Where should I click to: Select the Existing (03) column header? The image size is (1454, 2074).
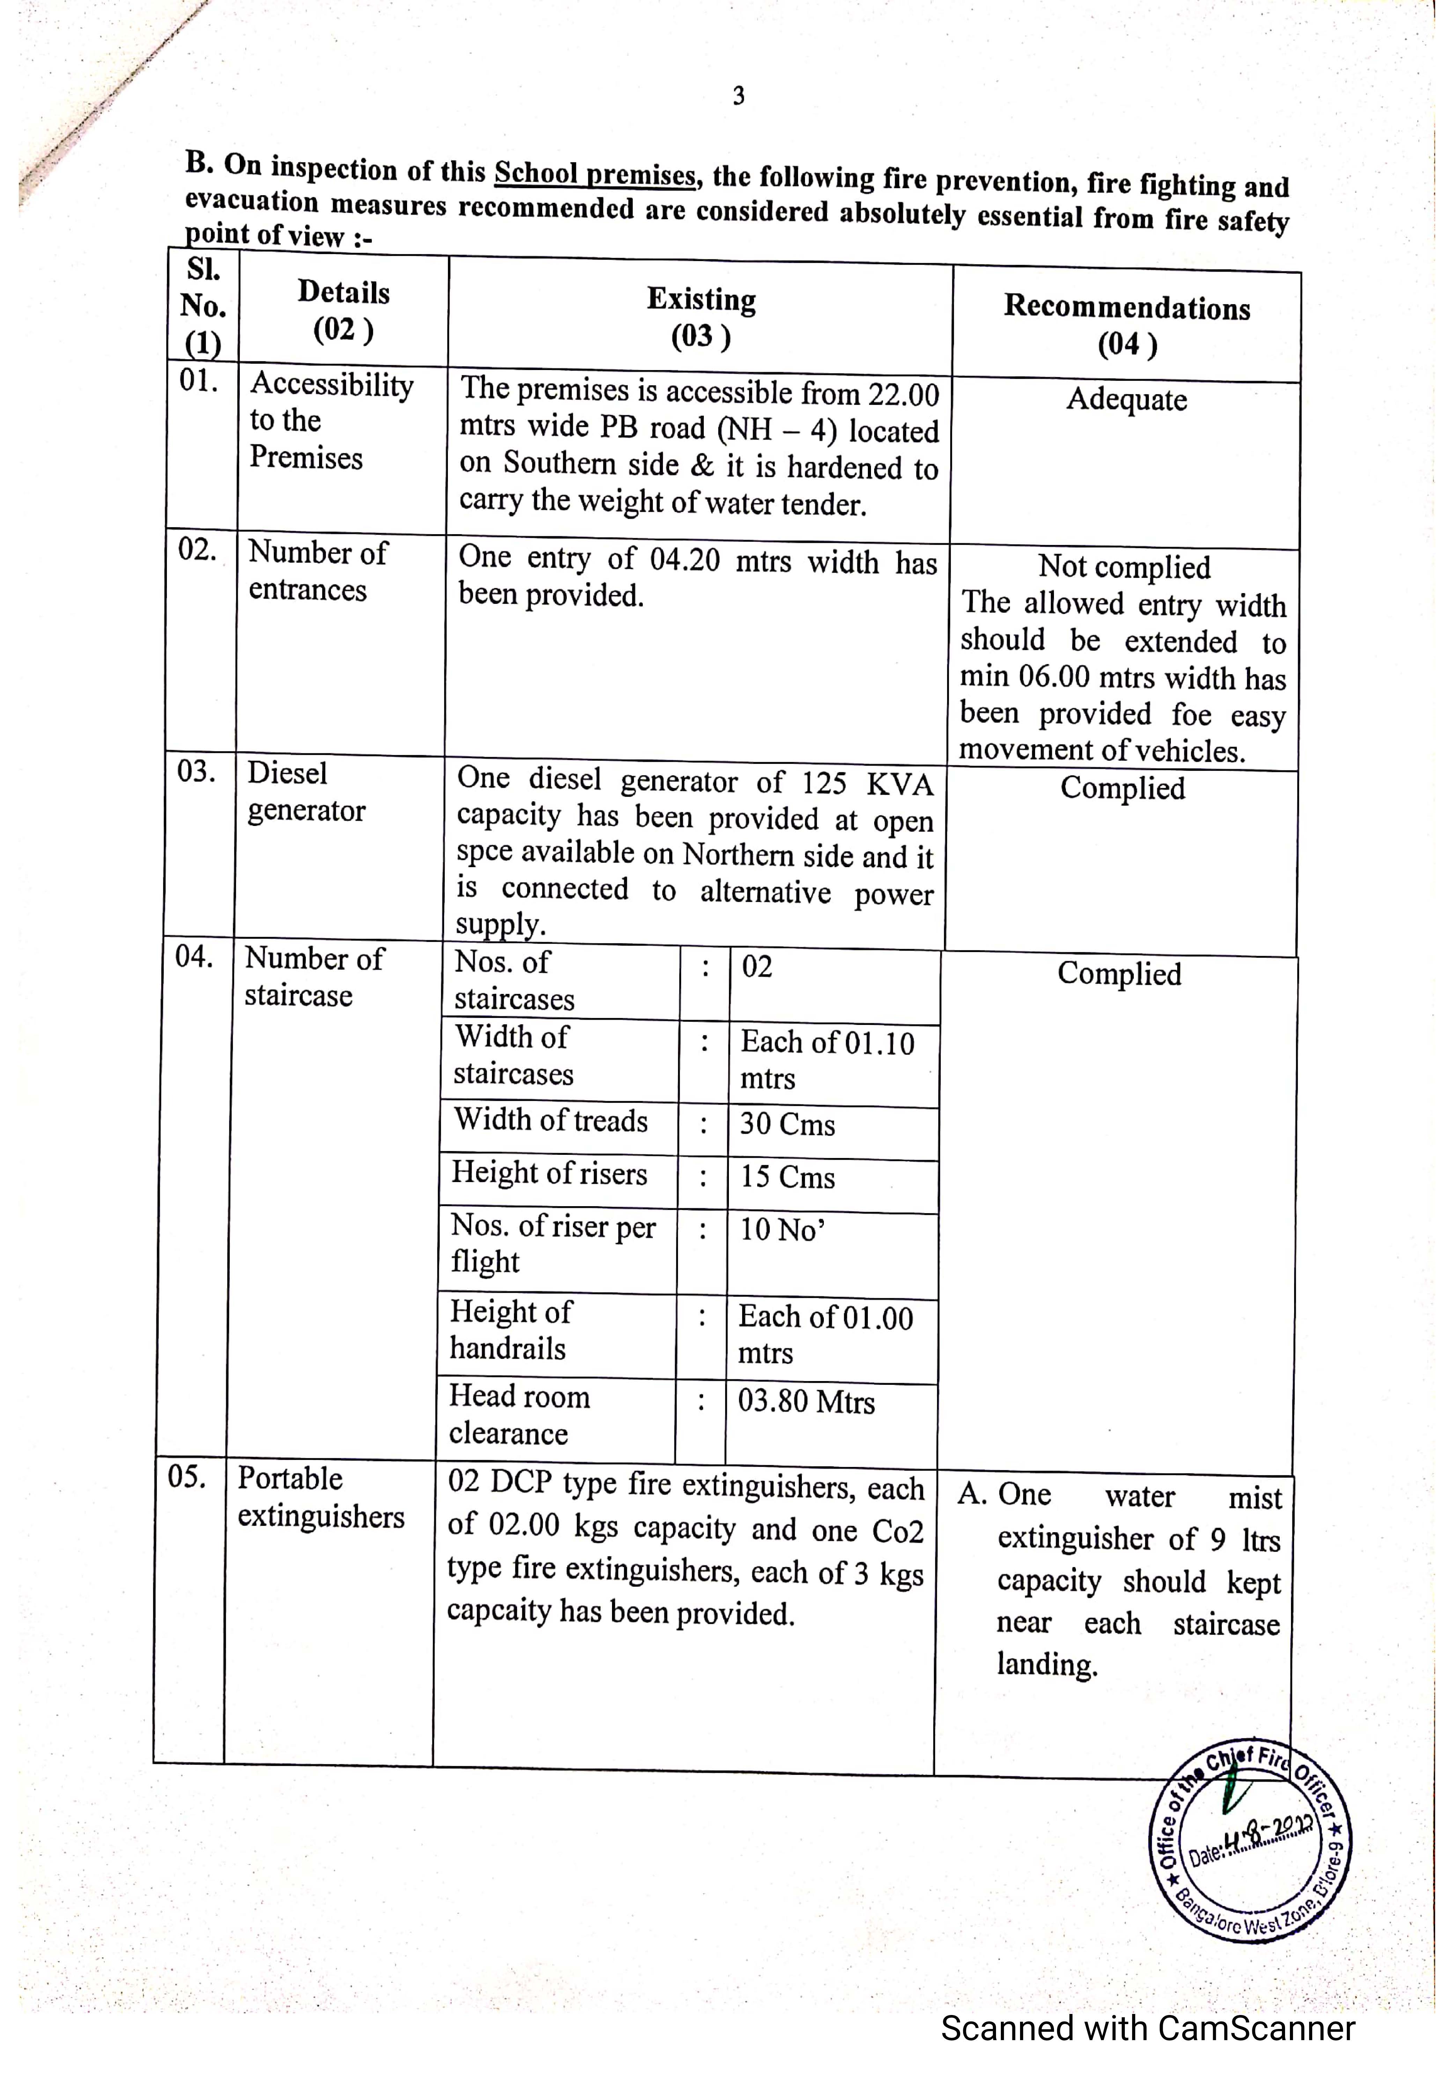tap(701, 317)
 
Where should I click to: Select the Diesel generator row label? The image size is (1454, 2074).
tap(306, 792)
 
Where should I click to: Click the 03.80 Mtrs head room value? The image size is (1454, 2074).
tap(806, 1402)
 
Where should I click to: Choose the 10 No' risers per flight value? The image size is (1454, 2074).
tap(782, 1230)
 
